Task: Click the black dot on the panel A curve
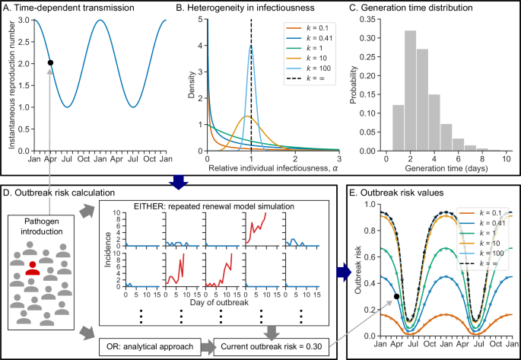point(50,62)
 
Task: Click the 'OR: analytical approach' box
point(151,349)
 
